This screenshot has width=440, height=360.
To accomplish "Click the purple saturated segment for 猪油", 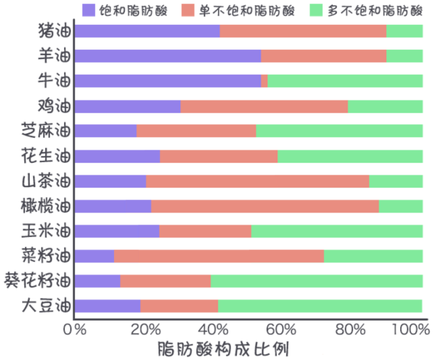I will pyautogui.click(x=147, y=31).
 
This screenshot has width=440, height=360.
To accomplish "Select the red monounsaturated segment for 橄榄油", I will pyautogui.click(x=265, y=206).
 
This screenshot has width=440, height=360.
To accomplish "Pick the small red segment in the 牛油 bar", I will pyautogui.click(x=264, y=81).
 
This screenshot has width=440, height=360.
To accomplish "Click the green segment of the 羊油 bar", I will pyautogui.click(x=404, y=56).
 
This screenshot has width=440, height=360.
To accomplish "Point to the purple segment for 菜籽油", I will pyautogui.click(x=94, y=256).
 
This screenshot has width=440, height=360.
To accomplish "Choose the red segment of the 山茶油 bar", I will pyautogui.click(x=257, y=181).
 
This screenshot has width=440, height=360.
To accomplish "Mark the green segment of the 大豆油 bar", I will pyautogui.click(x=320, y=306).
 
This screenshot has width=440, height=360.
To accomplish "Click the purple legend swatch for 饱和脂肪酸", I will pyautogui.click(x=89, y=9).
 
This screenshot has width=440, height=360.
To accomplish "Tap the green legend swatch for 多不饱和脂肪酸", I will pyautogui.click(x=316, y=9).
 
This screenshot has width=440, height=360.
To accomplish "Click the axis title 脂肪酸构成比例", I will pyautogui.click(x=223, y=349).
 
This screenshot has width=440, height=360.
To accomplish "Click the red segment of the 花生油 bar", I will pyautogui.click(x=219, y=156).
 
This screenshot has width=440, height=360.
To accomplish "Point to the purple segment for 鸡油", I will pyautogui.click(x=127, y=106).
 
